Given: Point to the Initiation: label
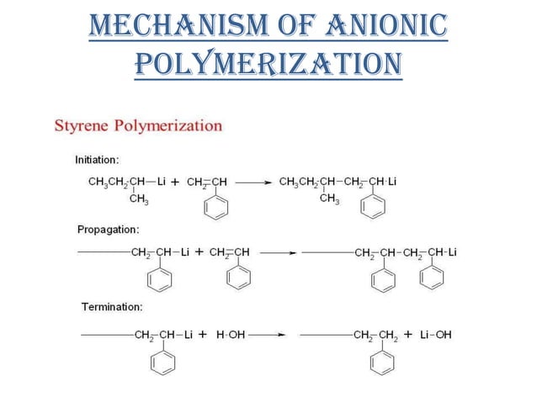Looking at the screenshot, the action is coord(98,159).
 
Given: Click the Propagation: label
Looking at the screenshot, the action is coord(108,229).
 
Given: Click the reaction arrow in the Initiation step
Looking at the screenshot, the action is coord(253,181).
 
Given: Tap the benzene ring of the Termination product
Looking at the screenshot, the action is coord(383,361).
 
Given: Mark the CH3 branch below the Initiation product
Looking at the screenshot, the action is coord(329,198).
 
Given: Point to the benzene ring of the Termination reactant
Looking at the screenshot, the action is coord(163,361).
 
